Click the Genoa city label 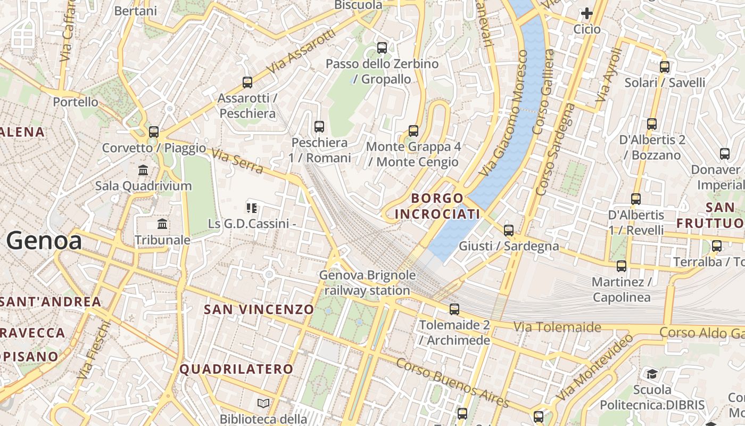(44, 241)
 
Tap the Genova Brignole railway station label (367, 283)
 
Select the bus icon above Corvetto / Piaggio (154, 132)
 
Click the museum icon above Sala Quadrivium (143, 170)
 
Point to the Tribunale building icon (162, 224)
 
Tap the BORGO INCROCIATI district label (437, 206)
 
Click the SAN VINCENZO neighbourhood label (259, 309)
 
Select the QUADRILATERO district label (236, 369)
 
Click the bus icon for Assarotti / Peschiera (247, 82)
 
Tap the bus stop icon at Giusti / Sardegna (509, 230)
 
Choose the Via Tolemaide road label (557, 327)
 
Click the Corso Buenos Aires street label (453, 382)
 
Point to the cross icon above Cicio (587, 13)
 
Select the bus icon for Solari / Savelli (665, 67)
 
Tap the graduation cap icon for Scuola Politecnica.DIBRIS (652, 374)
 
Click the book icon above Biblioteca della (263, 403)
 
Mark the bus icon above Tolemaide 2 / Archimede (454, 309)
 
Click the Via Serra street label (237, 161)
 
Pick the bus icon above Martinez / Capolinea (621, 266)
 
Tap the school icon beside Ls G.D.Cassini (252, 208)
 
